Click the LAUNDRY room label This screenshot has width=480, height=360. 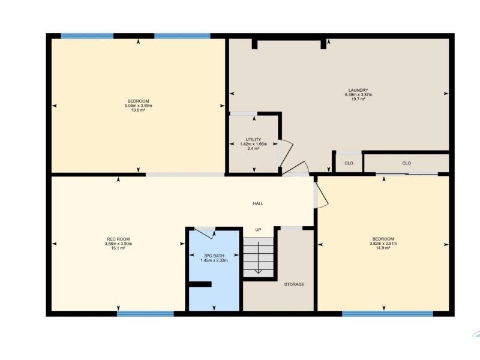358,91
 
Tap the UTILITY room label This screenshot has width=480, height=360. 253,140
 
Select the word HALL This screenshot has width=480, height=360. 258,203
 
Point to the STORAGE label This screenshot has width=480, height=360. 294,284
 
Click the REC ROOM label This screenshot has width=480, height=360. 118,239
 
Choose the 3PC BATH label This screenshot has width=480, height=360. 214,256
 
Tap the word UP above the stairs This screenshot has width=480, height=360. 259,230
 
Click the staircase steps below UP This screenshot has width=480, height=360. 259,257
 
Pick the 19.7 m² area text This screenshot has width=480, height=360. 358,99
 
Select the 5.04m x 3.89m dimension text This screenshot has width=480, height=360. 139,106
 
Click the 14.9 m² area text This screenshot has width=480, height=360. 383,248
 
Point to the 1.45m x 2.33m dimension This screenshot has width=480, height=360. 214,260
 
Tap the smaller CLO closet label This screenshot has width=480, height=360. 349,163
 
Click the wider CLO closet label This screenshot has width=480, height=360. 407,163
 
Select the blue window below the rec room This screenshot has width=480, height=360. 145,314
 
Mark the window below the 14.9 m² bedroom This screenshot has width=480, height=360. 388,314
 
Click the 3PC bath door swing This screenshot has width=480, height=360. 205,233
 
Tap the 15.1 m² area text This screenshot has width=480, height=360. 118,248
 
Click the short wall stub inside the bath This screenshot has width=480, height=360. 200,284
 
